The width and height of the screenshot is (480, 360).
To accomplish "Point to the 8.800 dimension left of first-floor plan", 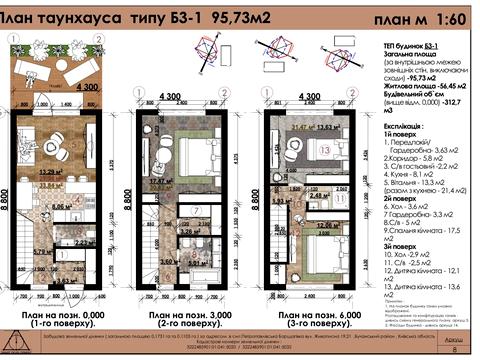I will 5,200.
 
